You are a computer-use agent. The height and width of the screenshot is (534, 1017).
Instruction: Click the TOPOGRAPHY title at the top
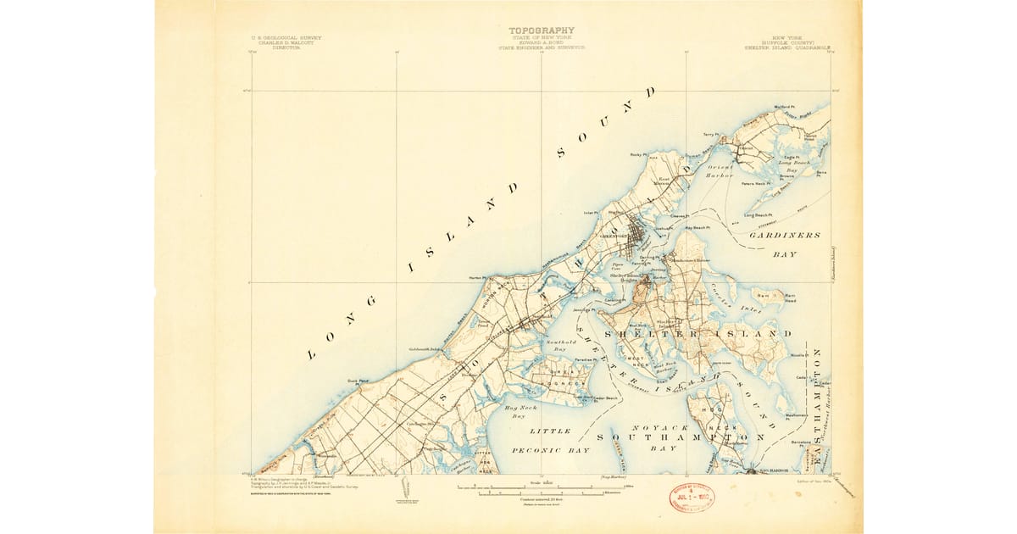tap(541, 31)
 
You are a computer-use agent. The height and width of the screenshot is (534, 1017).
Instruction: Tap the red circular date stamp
tap(692, 497)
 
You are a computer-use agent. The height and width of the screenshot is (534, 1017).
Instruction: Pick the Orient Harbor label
tap(719, 172)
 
